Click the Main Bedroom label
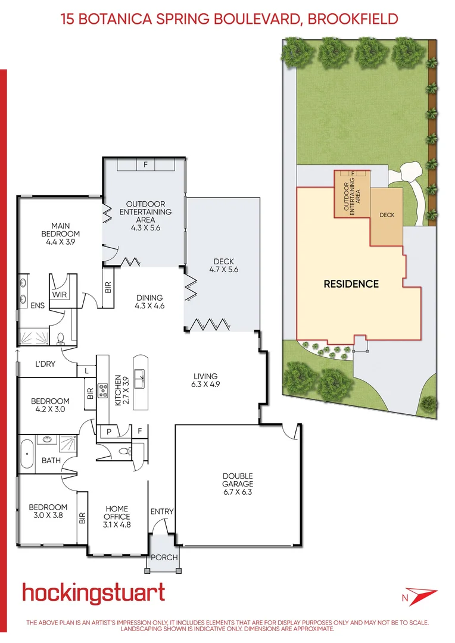(60, 230)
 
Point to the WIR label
(59, 294)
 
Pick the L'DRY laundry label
(45, 363)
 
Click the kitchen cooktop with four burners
(102, 391)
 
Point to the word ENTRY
(162, 511)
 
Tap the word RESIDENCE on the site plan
(351, 284)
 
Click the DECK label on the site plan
(387, 215)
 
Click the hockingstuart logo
(94, 594)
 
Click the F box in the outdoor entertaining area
(145, 165)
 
